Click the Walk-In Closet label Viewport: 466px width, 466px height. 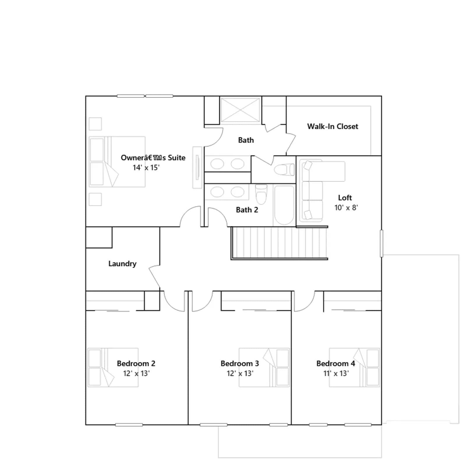click(333, 126)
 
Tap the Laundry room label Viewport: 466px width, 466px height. click(122, 264)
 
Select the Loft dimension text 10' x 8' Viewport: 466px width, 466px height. click(346, 208)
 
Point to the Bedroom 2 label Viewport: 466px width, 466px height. click(136, 363)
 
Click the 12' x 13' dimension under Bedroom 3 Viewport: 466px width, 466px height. click(240, 373)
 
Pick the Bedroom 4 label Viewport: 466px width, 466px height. click(336, 363)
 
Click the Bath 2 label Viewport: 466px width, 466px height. click(247, 210)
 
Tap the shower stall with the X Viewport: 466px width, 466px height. click(240, 110)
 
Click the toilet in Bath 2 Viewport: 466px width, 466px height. click(261, 194)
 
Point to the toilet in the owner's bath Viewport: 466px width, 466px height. click(284, 170)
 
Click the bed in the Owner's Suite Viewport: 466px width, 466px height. click(117, 162)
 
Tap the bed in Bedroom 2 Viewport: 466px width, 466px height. click(113, 368)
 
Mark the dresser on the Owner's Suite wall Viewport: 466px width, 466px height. click(197, 167)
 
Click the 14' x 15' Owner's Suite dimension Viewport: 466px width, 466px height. click(146, 168)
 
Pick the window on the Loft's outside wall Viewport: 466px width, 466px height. click(382, 243)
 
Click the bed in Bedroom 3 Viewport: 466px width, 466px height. click(264, 368)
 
